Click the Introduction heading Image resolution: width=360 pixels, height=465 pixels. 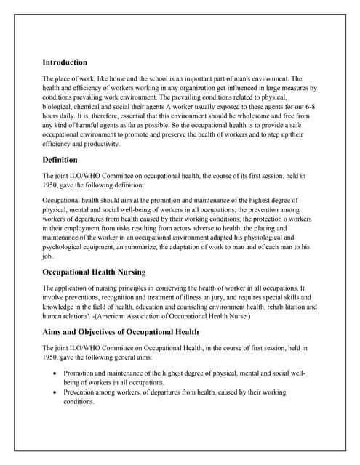tap(65, 62)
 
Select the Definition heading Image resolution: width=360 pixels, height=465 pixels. tap(60, 159)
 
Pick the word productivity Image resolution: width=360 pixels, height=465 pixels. tap(98, 145)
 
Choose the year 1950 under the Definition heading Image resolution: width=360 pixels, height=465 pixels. tap(51, 185)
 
